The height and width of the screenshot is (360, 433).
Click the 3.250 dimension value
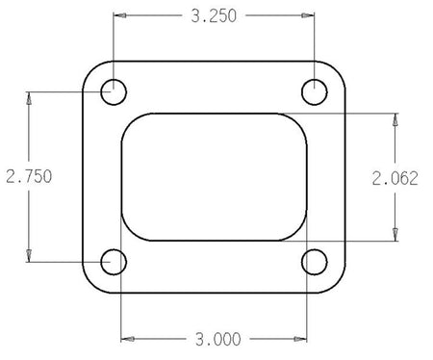(214, 16)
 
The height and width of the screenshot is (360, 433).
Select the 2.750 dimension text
(29, 176)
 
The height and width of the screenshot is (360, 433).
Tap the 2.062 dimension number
(395, 178)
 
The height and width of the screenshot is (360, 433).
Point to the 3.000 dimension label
(218, 340)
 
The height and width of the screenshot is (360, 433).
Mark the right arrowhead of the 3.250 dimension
(308, 15)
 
